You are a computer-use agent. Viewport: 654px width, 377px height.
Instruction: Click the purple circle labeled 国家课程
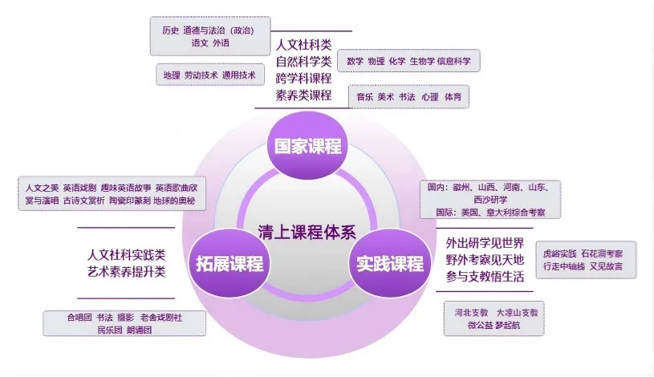pos(308,146)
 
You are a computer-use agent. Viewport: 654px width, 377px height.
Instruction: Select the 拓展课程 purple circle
pos(230,263)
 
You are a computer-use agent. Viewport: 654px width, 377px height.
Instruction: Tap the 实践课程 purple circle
pos(389,263)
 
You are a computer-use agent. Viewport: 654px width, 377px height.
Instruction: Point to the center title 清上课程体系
pos(307,233)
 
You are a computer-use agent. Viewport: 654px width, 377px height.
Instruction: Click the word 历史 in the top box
pos(170,30)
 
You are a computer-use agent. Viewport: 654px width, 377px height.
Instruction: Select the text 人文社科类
pos(303,45)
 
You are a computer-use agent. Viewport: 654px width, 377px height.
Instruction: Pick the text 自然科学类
pos(303,62)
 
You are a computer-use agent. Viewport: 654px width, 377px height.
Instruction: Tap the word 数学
pos(355,61)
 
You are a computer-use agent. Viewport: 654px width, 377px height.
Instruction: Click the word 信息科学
pos(454,61)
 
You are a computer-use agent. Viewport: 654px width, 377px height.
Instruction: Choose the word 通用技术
pos(238,75)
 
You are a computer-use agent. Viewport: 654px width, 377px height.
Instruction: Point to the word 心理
pos(430,97)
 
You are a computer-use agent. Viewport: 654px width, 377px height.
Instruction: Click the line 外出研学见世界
pos(485,243)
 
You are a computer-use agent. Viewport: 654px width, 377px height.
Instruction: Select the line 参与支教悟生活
pos(485,277)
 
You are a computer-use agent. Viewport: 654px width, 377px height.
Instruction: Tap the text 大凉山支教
pos(518,312)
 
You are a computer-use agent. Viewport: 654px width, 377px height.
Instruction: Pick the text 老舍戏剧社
pos(161,318)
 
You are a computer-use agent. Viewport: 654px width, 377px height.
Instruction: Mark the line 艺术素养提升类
pos(126,272)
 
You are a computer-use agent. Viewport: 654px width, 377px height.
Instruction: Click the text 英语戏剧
pos(79,188)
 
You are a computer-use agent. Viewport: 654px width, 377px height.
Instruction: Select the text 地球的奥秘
pos(174,201)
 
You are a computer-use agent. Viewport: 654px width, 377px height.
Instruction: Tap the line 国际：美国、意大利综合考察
pos(490,213)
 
